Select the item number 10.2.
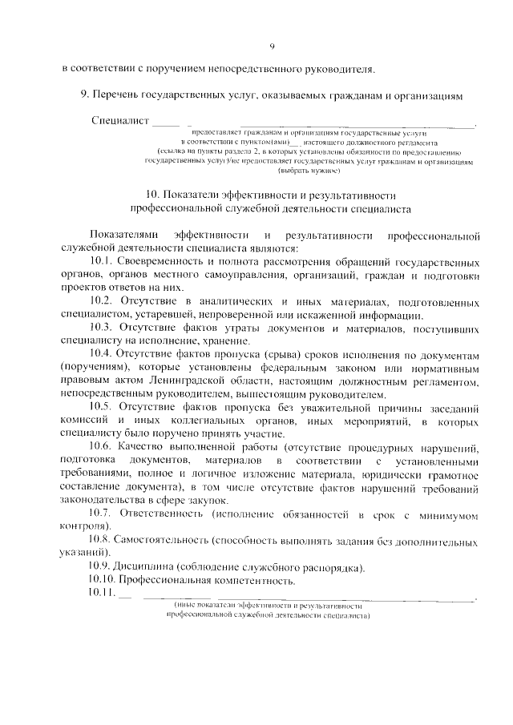(102, 301)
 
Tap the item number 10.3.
(102, 328)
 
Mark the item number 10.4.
(102, 354)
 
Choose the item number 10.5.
(102, 406)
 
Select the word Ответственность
(167, 512)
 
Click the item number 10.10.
(104, 580)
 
